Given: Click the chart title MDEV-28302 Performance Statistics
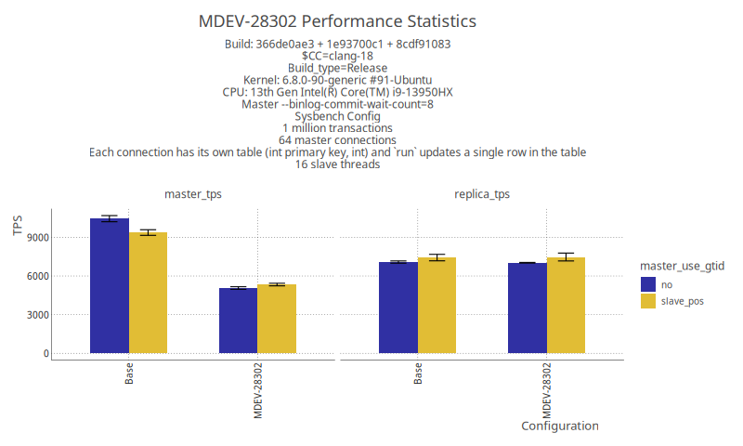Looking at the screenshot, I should pos(337,20).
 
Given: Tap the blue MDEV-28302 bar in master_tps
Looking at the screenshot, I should pos(238,321).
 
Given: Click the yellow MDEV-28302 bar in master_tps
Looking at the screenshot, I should pos(277,319).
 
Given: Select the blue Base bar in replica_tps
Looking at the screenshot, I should pos(398,308).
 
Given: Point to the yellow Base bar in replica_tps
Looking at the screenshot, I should pos(437,306).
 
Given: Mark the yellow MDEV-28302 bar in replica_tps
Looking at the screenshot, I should pos(566,306).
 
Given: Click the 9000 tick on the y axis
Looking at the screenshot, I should pos(38,237).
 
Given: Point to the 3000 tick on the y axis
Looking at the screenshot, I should pos(38,315).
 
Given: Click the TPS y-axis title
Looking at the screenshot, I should pos(18,225).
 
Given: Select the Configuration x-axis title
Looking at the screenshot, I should pos(559,426).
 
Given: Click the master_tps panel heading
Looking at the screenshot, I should pos(192,194).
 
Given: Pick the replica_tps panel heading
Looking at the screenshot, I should pos(481,194).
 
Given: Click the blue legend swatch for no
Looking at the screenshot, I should pos(648,284).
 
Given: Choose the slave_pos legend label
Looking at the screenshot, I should pos(682,301).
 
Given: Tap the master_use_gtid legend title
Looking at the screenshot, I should pos(682,266).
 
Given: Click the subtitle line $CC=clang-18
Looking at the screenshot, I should pos(337,56).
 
